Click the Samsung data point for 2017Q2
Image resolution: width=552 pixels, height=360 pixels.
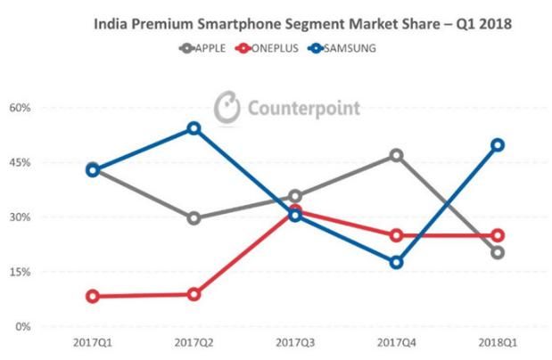click(x=194, y=128)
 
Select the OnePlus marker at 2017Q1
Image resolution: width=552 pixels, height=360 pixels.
click(x=93, y=297)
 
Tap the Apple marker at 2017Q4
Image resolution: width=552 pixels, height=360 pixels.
click(x=396, y=155)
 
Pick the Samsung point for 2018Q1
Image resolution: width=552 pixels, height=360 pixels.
click(x=498, y=145)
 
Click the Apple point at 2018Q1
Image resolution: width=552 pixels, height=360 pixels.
click(x=498, y=252)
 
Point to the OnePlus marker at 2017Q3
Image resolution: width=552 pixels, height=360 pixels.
click(x=295, y=210)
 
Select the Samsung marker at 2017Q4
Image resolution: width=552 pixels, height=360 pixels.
click(x=396, y=262)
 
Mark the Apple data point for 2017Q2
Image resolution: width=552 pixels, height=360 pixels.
click(x=194, y=218)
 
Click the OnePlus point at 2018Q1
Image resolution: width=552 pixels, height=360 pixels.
click(x=498, y=235)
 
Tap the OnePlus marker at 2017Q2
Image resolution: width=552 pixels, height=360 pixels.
click(x=194, y=294)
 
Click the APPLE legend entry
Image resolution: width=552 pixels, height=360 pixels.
click(x=202, y=48)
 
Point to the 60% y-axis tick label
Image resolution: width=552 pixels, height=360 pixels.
click(x=20, y=108)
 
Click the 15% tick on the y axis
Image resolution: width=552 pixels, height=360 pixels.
click(x=20, y=272)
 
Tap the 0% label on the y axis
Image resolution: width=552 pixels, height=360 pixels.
click(x=22, y=327)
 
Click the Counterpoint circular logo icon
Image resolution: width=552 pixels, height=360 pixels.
click(x=228, y=108)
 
